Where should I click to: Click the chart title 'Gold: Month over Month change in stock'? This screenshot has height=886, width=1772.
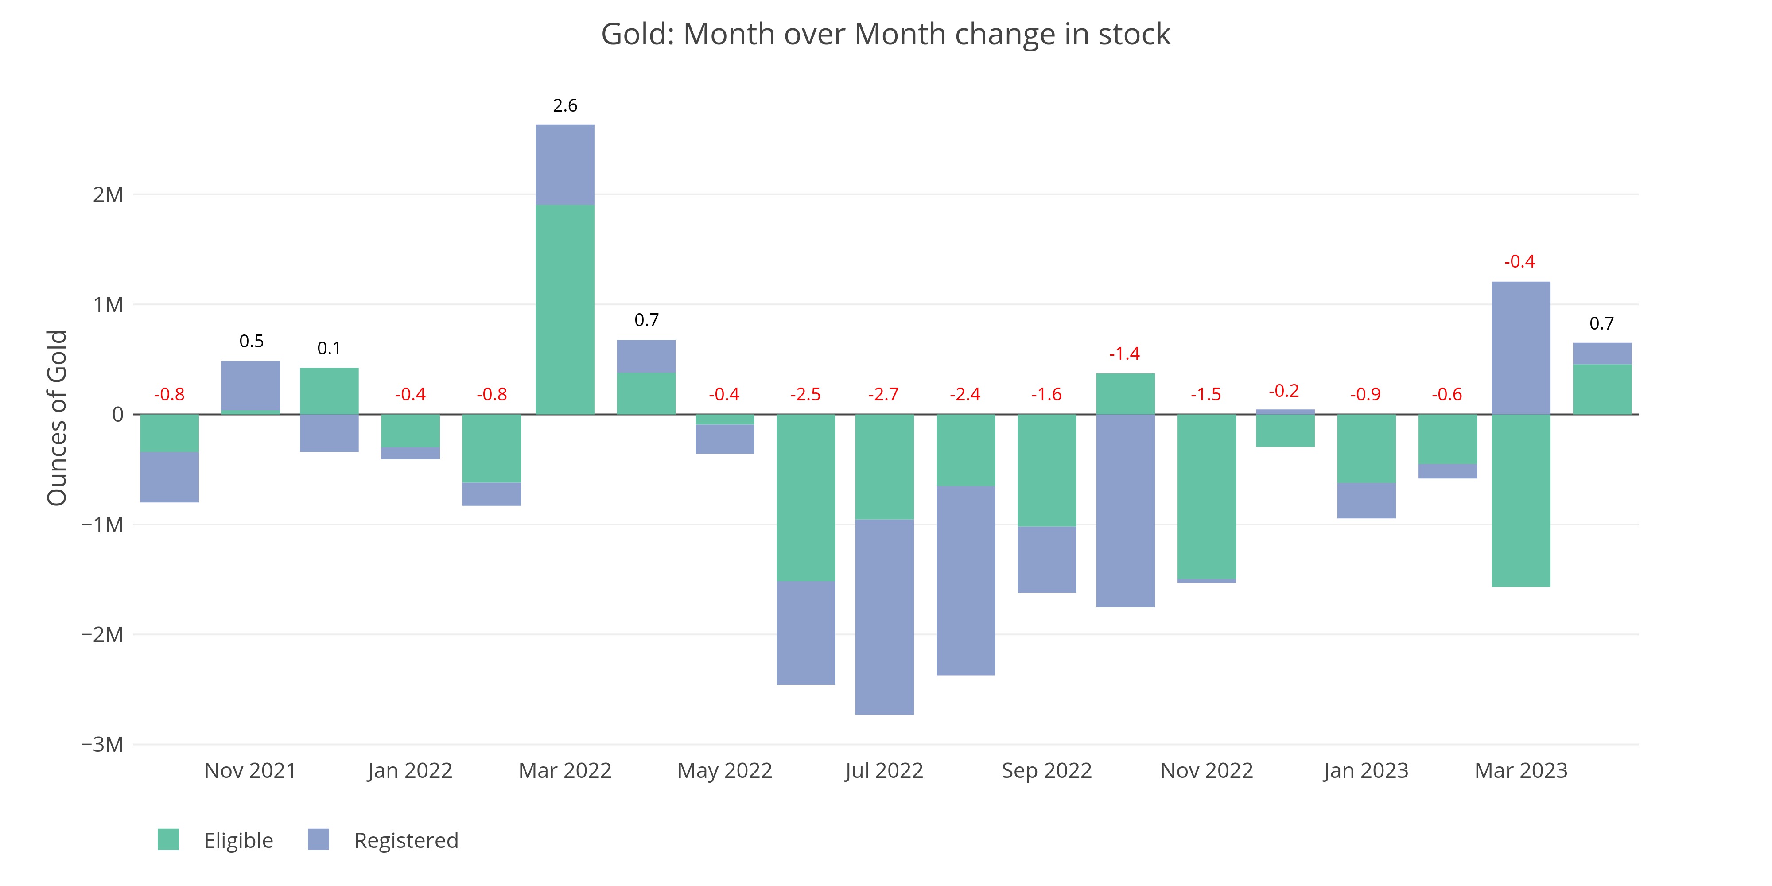coord(885,35)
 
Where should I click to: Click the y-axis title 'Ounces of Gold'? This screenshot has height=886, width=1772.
coord(57,418)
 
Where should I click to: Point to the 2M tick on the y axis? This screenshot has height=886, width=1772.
coord(108,194)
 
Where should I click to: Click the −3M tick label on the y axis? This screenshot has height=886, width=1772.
coord(102,744)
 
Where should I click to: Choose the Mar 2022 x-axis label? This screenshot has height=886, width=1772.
coord(565,770)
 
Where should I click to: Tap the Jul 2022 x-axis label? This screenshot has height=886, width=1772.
coord(884,770)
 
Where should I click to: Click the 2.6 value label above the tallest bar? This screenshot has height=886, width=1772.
coord(565,105)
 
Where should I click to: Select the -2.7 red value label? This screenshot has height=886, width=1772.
coord(883,394)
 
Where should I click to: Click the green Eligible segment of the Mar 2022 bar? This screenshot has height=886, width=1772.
coord(565,310)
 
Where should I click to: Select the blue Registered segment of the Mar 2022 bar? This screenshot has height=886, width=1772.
coord(565,165)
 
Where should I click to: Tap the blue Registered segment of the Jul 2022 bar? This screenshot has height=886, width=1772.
coord(884,616)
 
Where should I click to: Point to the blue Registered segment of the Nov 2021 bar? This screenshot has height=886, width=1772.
coord(250,385)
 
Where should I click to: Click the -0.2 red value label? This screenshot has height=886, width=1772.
coord(1284,391)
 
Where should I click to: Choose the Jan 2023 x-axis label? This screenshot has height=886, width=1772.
coord(1365,770)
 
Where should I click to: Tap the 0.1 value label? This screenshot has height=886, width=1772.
coord(329,348)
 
